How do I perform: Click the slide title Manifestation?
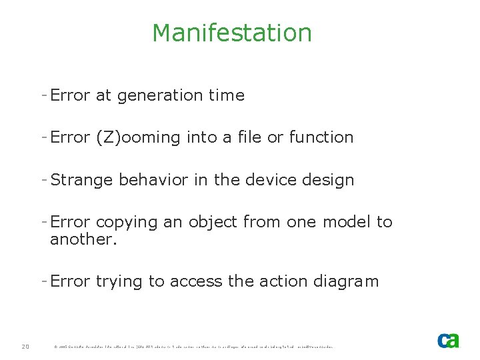[x=231, y=33]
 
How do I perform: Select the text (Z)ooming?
[x=138, y=138]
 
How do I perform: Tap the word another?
[x=83, y=239]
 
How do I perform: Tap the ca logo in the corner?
[x=448, y=340]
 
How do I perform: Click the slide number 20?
[x=25, y=346]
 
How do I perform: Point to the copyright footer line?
[x=193, y=347]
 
